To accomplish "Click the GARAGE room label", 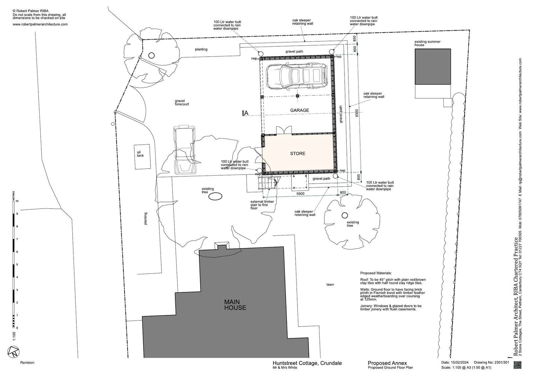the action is [299, 110].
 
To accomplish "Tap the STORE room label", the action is [297, 154].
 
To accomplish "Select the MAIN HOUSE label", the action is [235, 305].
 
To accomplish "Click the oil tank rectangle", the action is [142, 157].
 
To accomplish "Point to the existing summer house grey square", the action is [433, 67].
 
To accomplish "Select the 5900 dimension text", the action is [300, 194].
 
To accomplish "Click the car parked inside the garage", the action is [297, 76].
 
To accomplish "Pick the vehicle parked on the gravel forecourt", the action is [185, 149].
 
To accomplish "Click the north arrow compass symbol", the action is [13, 352].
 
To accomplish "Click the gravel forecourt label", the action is [182, 102].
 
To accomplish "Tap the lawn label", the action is [330, 284].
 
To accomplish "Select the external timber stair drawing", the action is [268, 183].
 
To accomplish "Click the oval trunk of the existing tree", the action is [215, 196].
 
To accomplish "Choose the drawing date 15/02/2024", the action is [460, 362].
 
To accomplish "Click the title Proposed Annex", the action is [387, 363].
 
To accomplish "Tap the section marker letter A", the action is [246, 113].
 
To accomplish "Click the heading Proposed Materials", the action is [376, 273].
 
